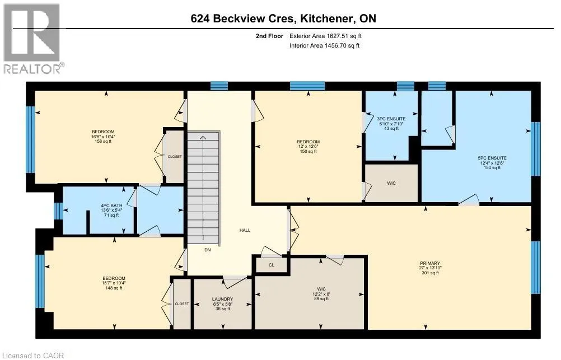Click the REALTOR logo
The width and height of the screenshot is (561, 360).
[x=34, y=39]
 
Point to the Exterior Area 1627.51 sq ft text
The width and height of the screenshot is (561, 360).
[x=326, y=36]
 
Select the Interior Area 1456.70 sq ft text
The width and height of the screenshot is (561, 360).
[x=325, y=45]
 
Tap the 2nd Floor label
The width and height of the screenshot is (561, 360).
[x=269, y=36]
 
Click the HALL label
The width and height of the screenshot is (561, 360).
[x=245, y=230]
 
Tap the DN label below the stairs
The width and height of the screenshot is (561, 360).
[x=208, y=250]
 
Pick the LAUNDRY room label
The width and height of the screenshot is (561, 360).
[x=222, y=299]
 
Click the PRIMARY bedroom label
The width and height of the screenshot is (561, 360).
[x=430, y=263]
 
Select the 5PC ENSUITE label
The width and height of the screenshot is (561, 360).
[x=492, y=158]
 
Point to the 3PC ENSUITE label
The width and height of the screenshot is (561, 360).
[x=391, y=119]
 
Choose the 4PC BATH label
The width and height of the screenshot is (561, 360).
[x=111, y=205]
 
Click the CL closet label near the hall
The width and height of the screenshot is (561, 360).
[x=271, y=265]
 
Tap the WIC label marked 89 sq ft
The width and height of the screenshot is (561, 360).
[x=321, y=289]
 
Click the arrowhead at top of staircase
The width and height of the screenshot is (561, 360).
[x=203, y=138]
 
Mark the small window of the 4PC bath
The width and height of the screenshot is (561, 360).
[x=58, y=211]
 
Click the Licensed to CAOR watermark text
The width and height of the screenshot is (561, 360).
[x=32, y=356]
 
